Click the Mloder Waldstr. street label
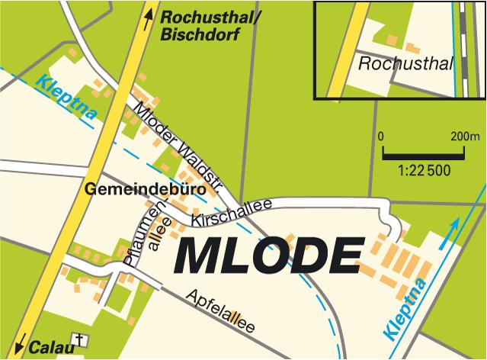[x=178, y=145]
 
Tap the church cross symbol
[x=77, y=339]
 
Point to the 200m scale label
[x=464, y=137]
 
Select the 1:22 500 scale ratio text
[x=425, y=171]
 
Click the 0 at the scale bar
[x=381, y=137]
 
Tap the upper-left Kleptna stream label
[x=66, y=99]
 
